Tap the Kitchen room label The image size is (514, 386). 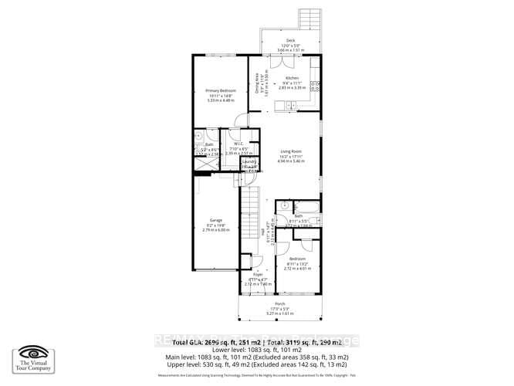pyautogui.click(x=291, y=79)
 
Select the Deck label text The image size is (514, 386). pyautogui.click(x=290, y=39)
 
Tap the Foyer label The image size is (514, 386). pyautogui.click(x=258, y=274)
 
